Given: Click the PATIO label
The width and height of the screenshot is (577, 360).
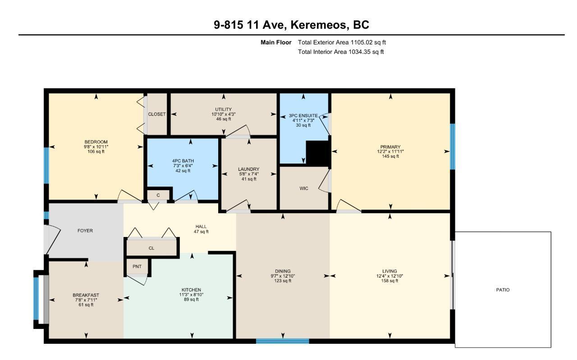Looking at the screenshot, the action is point(503,290).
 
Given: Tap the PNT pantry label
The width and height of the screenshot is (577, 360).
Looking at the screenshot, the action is point(137,267).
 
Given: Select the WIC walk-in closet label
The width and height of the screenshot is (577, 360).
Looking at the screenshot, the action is point(304,188).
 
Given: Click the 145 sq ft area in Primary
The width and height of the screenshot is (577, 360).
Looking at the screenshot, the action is point(390,156).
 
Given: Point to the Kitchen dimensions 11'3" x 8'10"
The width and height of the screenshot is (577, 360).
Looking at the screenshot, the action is point(192,295).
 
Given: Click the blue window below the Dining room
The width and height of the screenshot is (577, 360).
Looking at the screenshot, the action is point(283,341).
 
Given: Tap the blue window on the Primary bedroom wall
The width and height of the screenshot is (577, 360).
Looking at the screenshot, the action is point(452,146).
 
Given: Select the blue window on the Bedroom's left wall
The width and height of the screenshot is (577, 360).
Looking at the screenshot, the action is point(46,165).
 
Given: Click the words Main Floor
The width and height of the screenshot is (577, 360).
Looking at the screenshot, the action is point(276,42).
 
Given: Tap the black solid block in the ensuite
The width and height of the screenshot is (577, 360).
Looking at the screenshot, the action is point(318,154).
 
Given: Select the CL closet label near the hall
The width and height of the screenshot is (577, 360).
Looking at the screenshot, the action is point(151,248).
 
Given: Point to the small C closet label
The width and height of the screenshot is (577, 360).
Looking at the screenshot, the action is point(158,196).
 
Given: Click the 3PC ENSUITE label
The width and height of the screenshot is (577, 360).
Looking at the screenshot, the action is point(303,116).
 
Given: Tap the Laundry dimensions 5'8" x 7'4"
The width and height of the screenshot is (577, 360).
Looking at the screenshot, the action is point(249,174).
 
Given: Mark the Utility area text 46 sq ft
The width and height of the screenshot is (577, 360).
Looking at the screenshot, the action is point(224,119).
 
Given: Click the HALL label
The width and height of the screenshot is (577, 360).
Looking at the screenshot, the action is point(201,227).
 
